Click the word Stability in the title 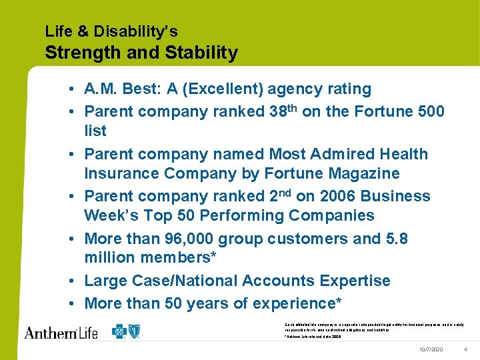point(202,53)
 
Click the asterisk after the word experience point(337,302)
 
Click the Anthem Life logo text point(61,331)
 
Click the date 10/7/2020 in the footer point(431,349)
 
